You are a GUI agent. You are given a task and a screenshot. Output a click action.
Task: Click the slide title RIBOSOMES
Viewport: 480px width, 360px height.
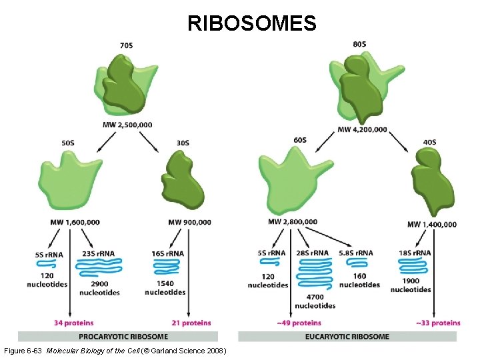click(251, 24)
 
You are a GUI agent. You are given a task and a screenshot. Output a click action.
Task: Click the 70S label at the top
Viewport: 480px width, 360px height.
click(126, 45)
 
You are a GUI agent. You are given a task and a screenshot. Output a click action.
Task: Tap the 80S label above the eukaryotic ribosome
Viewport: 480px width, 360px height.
click(359, 44)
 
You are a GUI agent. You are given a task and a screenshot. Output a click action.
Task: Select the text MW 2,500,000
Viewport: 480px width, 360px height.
click(127, 125)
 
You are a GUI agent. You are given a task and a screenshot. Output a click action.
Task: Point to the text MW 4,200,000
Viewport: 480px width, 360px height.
click(362, 129)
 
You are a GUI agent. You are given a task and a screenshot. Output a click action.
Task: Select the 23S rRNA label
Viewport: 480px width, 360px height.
click(97, 253)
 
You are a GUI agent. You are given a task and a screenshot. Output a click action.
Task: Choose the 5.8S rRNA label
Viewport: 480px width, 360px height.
click(355, 253)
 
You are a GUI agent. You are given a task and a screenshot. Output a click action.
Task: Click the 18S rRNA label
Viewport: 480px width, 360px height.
click(414, 253)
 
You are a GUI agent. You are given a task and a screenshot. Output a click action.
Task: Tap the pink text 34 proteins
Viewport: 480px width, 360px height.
click(74, 323)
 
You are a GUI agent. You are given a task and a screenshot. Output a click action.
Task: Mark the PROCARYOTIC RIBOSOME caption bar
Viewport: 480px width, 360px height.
click(124, 337)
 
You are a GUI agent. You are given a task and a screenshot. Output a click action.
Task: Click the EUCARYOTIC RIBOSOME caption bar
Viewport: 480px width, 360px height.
click(347, 337)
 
